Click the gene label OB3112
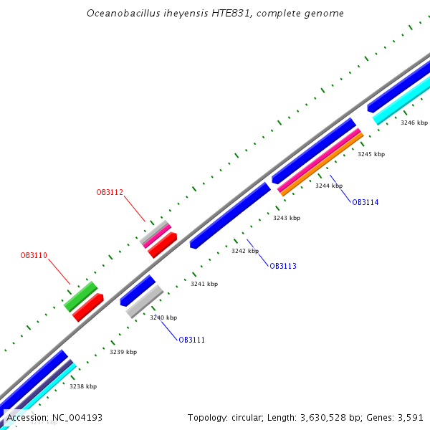click(110, 192)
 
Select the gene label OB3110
click(34, 255)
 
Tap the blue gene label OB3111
click(191, 340)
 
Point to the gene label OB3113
click(282, 266)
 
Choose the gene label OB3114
click(365, 202)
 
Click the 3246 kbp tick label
click(414, 123)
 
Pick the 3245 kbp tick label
click(371, 154)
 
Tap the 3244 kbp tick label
click(329, 186)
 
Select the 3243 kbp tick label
click(287, 218)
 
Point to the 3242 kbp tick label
click(245, 251)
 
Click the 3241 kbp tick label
click(204, 284)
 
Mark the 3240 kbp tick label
click(163, 317)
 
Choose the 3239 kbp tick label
click(123, 352)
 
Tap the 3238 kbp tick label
click(82, 386)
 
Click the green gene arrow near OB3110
click(80, 296)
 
